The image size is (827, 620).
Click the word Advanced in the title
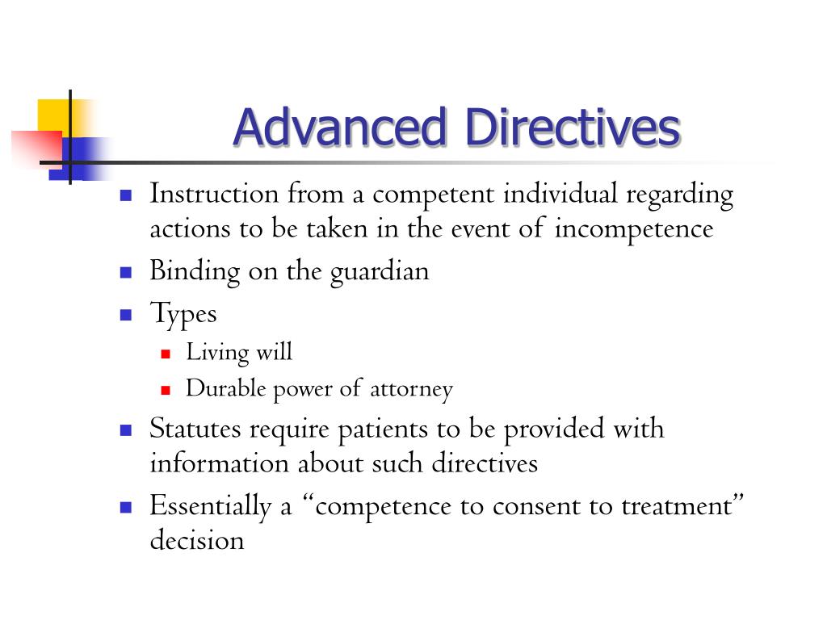(x=339, y=128)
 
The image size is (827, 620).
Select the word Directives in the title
(x=573, y=128)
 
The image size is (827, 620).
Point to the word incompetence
(x=634, y=229)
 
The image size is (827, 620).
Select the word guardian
(x=379, y=271)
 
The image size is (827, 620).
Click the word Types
(x=183, y=313)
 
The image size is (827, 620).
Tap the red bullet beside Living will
(x=166, y=354)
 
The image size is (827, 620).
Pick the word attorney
(x=411, y=390)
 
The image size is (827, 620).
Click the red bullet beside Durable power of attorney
(x=166, y=390)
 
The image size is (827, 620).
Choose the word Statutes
(x=195, y=428)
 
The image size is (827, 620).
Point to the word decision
(x=196, y=540)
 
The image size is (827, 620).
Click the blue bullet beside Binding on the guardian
(x=125, y=272)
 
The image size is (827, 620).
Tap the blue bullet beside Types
(x=125, y=314)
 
